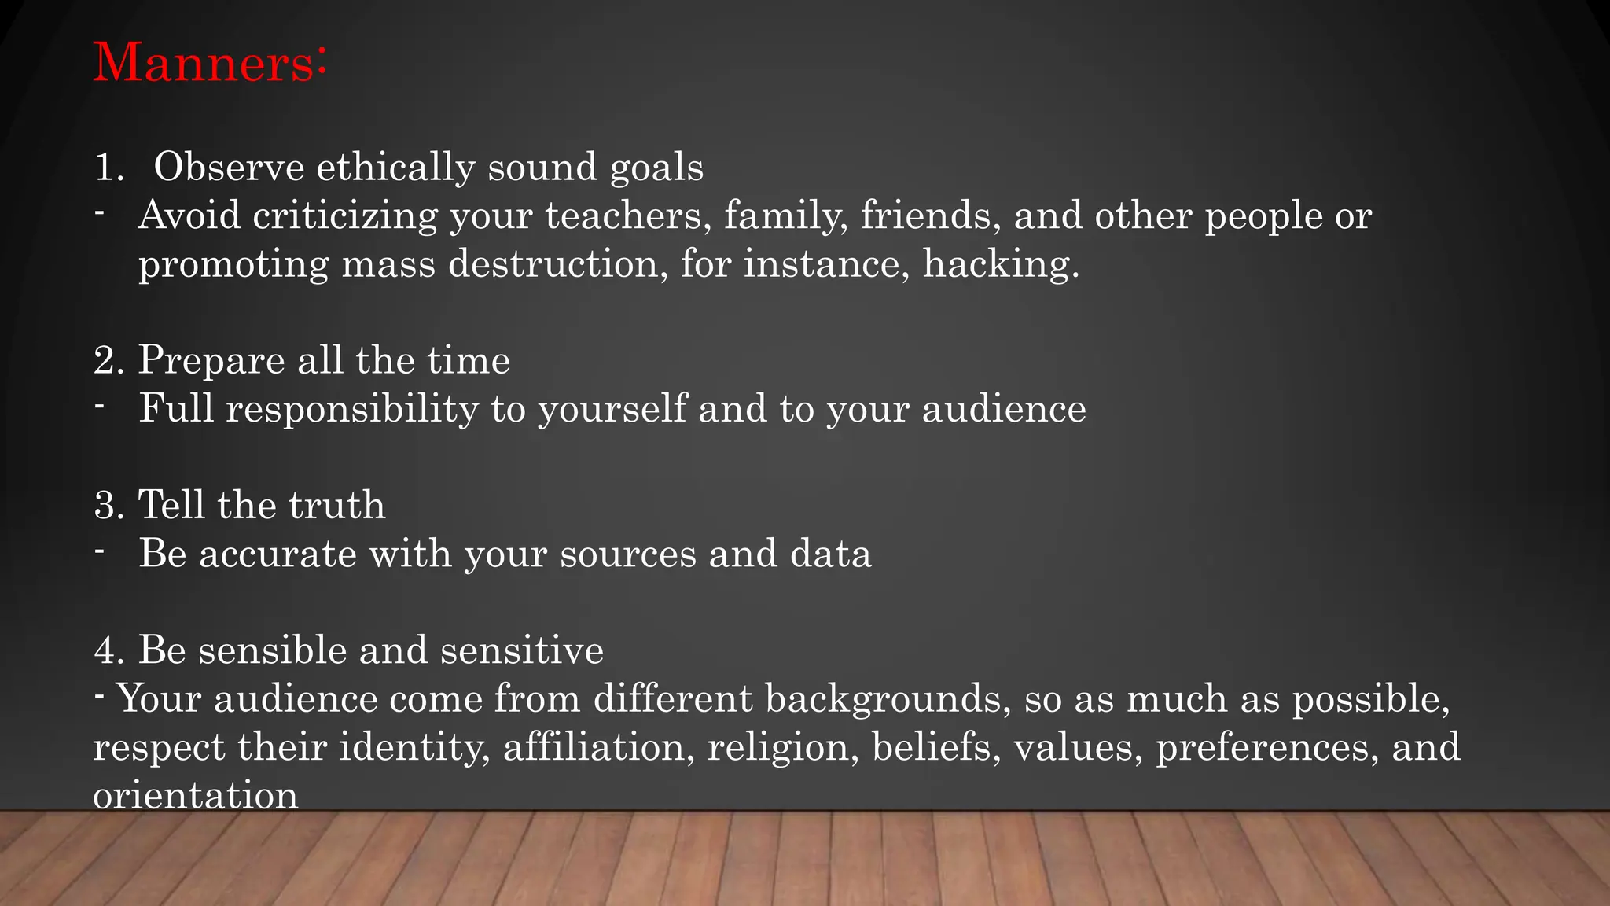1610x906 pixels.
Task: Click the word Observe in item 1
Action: point(229,167)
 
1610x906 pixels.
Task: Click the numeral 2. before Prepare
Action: point(109,361)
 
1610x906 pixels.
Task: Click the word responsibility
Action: point(351,410)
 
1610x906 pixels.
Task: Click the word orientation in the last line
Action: point(196,796)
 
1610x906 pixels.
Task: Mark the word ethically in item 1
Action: point(395,168)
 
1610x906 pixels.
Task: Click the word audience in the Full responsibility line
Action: point(1004,410)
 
